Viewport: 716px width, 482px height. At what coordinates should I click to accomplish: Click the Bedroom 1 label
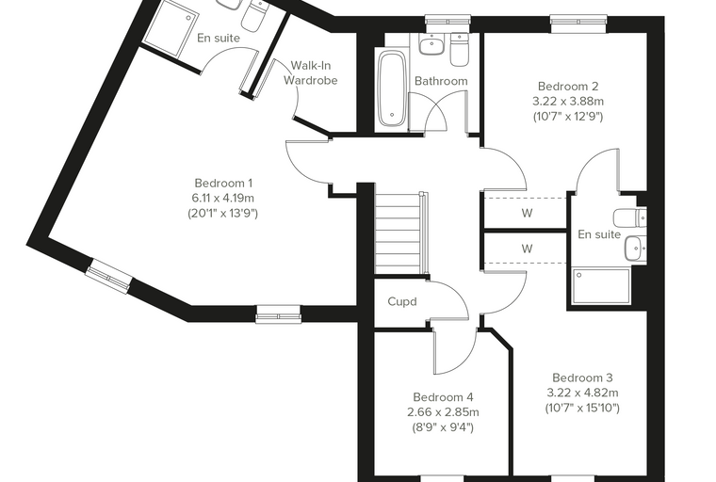tap(223, 183)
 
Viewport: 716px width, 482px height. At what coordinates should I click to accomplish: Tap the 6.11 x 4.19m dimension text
tap(223, 198)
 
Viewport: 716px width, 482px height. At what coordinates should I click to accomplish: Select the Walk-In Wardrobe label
tap(311, 72)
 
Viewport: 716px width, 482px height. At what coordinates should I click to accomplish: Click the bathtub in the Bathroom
tap(391, 88)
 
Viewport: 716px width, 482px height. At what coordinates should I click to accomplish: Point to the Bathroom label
tap(441, 81)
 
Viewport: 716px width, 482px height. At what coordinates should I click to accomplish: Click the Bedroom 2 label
tap(568, 86)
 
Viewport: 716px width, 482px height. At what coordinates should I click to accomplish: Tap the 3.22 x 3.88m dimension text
tap(568, 101)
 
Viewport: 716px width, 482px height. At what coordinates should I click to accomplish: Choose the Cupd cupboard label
tap(402, 301)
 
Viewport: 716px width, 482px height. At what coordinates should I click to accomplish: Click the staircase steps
tap(398, 233)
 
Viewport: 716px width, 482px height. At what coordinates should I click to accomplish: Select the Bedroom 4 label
tap(443, 396)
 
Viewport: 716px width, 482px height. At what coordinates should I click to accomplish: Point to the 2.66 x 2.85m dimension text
tap(443, 412)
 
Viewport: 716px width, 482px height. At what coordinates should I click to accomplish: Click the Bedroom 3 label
tap(582, 378)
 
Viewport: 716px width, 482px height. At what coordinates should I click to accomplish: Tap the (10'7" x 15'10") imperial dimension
tap(582, 408)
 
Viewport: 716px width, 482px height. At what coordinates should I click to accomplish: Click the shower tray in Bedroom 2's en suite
tap(601, 286)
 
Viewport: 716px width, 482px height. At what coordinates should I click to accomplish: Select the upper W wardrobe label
tap(527, 213)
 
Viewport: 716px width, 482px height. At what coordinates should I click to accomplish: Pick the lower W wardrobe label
tap(527, 249)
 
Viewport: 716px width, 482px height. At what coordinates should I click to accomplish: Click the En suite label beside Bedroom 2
tap(599, 234)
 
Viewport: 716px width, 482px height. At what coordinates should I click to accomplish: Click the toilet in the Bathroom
tap(459, 48)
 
